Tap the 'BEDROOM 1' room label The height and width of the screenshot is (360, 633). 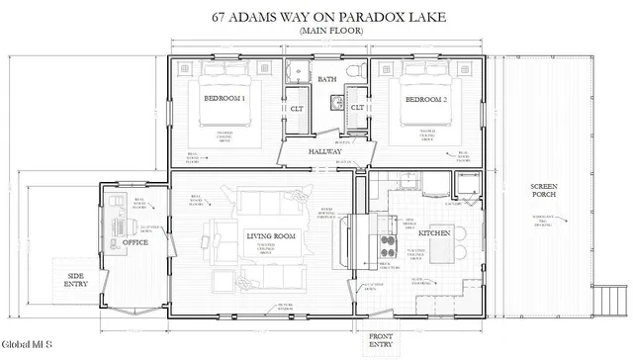(x=225, y=100)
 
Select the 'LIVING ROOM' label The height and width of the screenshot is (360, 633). (x=271, y=235)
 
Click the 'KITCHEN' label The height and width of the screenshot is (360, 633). (x=435, y=233)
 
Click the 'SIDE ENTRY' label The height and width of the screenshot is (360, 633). (x=76, y=281)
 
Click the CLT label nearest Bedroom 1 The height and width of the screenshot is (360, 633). (x=296, y=107)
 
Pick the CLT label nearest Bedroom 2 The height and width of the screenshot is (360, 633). (x=357, y=107)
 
